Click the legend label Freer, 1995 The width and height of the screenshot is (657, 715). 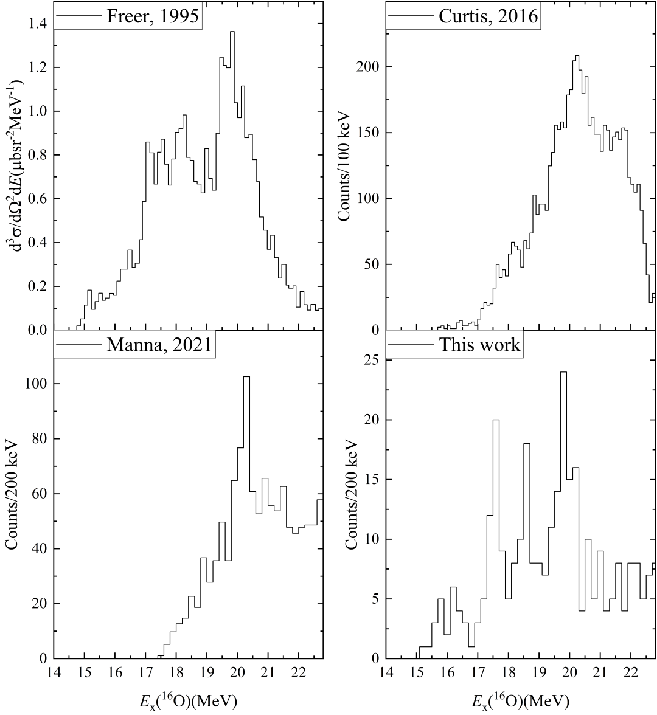153,16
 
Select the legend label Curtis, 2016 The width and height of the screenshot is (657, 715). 488,16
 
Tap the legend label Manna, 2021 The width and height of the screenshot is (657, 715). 159,345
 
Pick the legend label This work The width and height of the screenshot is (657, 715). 480,345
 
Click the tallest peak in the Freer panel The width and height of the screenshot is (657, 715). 232,32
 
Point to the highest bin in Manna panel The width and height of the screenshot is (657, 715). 246,378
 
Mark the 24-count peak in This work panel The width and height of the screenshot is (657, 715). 563,373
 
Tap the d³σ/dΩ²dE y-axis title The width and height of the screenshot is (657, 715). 13,164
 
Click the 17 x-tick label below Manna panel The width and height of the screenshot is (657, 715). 145,674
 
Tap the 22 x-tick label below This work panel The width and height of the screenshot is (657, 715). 631,674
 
